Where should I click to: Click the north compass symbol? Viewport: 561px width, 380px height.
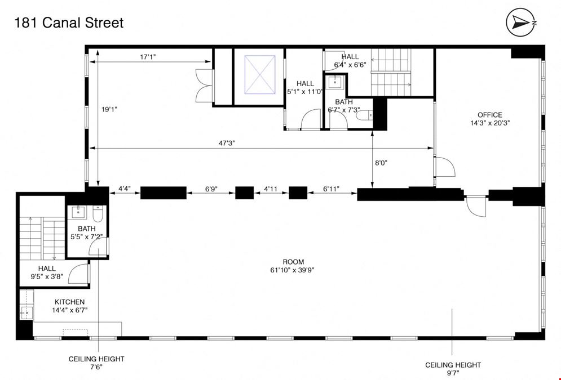click(520, 22)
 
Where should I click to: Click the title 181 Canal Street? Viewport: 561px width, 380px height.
click(69, 23)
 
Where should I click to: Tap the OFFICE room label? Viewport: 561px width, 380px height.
click(490, 115)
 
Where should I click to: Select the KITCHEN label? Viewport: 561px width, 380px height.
click(70, 302)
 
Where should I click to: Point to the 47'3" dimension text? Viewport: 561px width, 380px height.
click(227, 143)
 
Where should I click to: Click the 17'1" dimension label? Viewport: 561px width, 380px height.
click(148, 57)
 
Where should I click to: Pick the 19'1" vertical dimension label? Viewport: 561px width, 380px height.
click(109, 110)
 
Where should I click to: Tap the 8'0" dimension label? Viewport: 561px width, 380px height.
click(381, 163)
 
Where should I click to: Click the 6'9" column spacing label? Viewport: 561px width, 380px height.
click(211, 189)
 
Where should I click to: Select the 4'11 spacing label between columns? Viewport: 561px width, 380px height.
click(271, 189)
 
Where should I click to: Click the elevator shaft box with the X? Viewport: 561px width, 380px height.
click(260, 75)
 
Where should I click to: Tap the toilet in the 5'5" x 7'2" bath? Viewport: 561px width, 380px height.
click(98, 213)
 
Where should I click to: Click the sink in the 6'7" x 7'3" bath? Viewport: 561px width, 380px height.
click(335, 82)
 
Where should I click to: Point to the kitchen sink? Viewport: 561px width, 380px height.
click(26, 313)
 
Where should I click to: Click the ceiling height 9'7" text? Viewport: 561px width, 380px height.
click(453, 369)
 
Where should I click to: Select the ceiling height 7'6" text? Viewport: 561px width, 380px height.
click(96, 363)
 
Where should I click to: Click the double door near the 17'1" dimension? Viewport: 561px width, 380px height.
click(205, 86)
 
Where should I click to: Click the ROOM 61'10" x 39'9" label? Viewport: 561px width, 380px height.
click(292, 266)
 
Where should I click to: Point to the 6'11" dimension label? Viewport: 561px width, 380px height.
click(332, 189)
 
